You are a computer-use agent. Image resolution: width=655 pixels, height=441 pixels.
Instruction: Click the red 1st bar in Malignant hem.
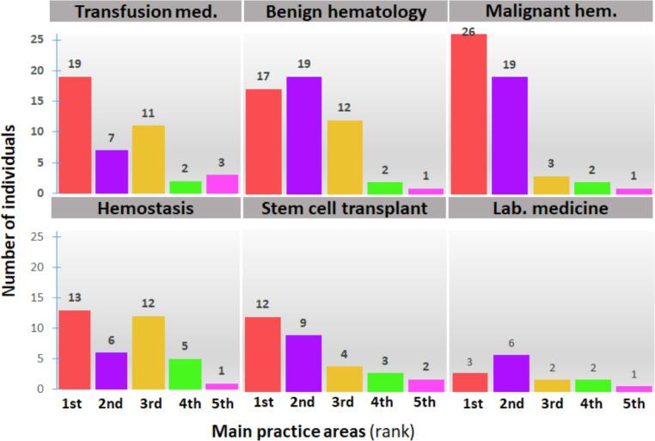(x=468, y=113)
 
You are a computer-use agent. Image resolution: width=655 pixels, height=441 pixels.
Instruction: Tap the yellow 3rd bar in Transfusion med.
(x=148, y=159)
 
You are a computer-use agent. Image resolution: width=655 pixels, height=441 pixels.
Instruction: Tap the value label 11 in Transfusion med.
(x=148, y=114)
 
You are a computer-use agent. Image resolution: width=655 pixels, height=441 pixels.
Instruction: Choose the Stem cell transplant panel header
(x=346, y=208)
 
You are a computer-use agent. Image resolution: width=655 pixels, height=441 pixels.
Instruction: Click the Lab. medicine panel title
(x=550, y=208)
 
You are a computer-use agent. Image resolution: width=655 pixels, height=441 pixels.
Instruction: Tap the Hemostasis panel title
(x=146, y=208)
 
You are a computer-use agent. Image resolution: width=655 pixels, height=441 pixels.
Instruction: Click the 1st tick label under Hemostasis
(x=75, y=401)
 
